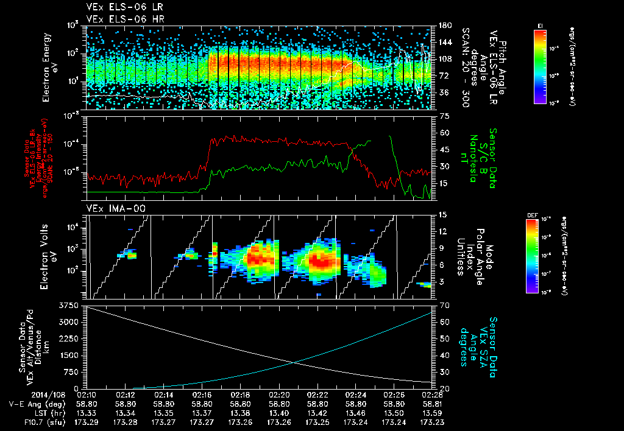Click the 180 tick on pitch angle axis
(x=444, y=26)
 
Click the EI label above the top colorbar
(x=540, y=25)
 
